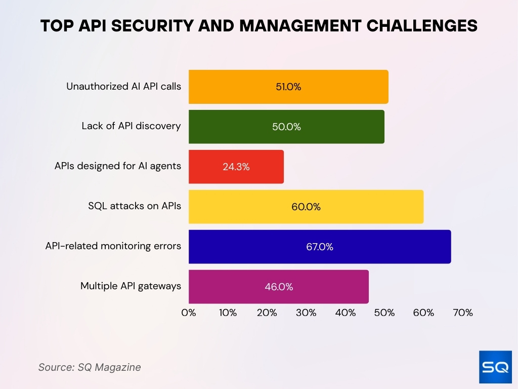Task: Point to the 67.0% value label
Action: click(320, 247)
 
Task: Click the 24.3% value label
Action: click(236, 167)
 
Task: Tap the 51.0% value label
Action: click(288, 87)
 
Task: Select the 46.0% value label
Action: click(279, 287)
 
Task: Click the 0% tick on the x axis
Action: click(189, 313)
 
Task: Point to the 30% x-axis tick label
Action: click(306, 313)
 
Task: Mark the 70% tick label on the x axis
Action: click(463, 313)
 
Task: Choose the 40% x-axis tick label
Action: click(346, 313)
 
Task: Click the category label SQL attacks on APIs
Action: click(135, 206)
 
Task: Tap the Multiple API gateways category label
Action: click(131, 286)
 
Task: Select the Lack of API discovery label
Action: click(131, 126)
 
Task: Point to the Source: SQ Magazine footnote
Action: click(90, 367)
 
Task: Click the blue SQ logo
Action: click(495, 367)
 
